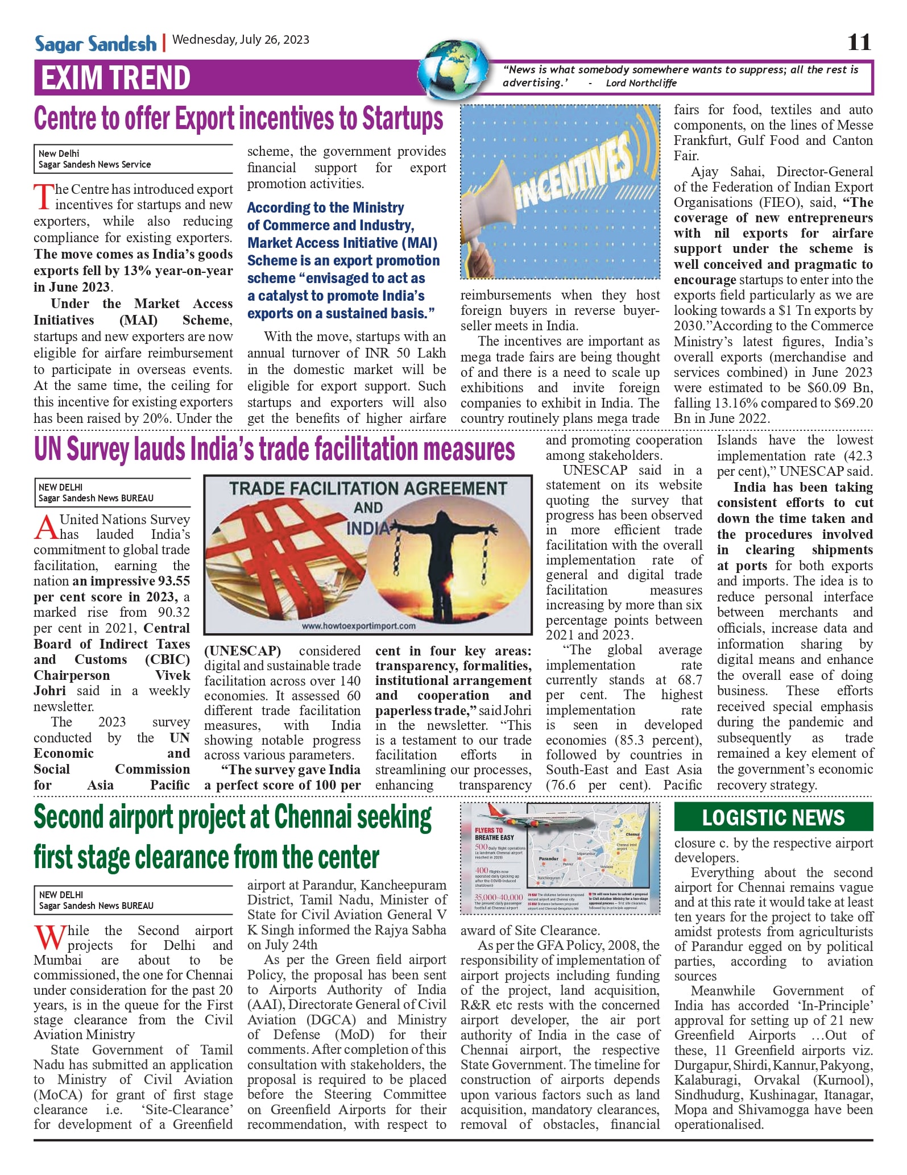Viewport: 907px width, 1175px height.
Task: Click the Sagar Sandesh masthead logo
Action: [x=95, y=43]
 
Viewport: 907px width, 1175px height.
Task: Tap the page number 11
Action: [x=859, y=42]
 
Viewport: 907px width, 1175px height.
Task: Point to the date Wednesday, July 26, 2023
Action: [x=241, y=40]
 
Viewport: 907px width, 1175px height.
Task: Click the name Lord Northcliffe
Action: [x=641, y=83]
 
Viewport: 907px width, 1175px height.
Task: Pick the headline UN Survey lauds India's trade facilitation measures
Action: [x=274, y=449]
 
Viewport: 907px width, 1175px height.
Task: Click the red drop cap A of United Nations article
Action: [x=46, y=527]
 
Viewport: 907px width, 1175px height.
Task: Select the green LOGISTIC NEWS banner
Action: [x=773, y=817]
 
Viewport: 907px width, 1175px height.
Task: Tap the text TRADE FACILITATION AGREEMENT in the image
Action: [x=368, y=488]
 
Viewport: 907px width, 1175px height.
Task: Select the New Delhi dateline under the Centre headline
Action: [x=59, y=153]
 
